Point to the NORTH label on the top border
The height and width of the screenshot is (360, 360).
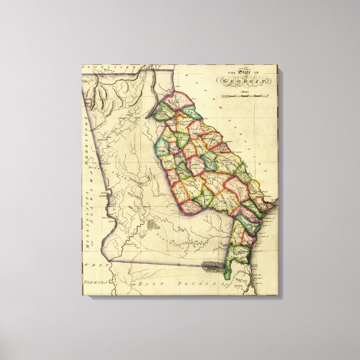point(146,67)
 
